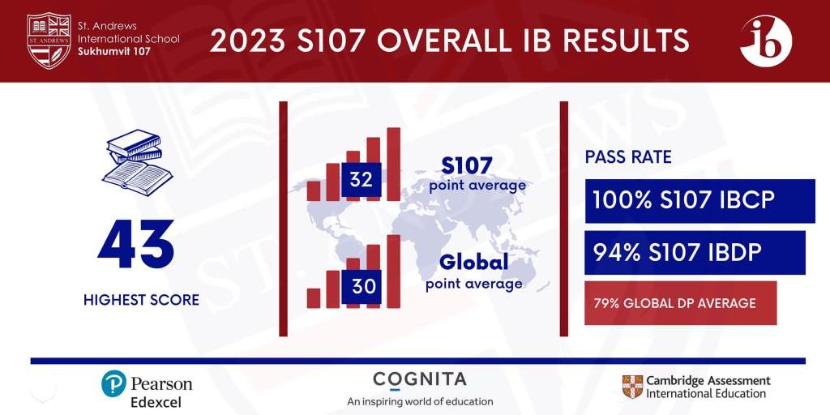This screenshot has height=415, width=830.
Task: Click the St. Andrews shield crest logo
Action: [49, 40]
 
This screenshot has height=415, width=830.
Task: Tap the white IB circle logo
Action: [766, 40]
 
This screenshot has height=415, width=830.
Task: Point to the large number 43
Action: [136, 244]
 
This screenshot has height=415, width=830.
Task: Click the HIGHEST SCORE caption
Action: [141, 300]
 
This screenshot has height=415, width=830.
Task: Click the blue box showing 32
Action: [361, 180]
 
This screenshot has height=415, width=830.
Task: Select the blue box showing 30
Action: [361, 287]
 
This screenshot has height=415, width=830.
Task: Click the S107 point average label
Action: [477, 174]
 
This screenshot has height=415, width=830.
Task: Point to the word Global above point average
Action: [474, 262]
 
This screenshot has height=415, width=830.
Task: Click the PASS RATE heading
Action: [628, 157]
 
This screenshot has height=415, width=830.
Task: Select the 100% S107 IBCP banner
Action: [700, 201]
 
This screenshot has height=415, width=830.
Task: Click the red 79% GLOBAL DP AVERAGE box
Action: [680, 303]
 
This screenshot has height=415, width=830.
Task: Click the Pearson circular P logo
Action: [114, 383]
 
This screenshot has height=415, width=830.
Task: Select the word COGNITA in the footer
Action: [420, 379]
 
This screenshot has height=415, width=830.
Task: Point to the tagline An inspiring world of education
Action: [420, 401]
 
